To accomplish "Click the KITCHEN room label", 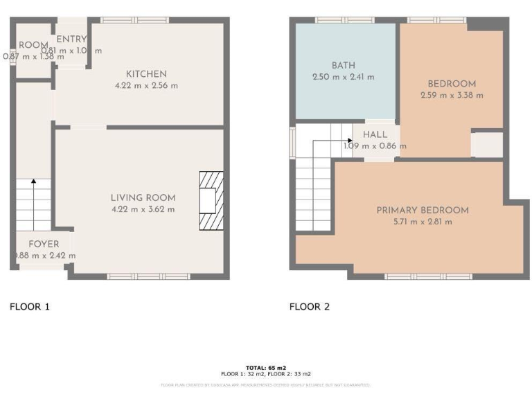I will point(146,74).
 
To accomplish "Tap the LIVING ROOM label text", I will point(143,197).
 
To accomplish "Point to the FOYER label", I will point(44,244).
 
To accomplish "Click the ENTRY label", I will point(71,39).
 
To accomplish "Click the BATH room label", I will point(343,66).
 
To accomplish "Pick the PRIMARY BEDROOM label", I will point(422,210).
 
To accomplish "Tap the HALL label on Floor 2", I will point(375,134).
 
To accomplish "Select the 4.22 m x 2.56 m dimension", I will point(146,86).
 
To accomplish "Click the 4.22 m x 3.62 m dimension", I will point(143,209).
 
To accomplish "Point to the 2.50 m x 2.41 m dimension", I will point(343,77).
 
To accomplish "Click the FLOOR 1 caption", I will point(30,306).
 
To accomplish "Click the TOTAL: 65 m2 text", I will point(265,368).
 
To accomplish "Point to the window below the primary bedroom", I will point(419,276).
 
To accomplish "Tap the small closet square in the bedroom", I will point(487,145).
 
